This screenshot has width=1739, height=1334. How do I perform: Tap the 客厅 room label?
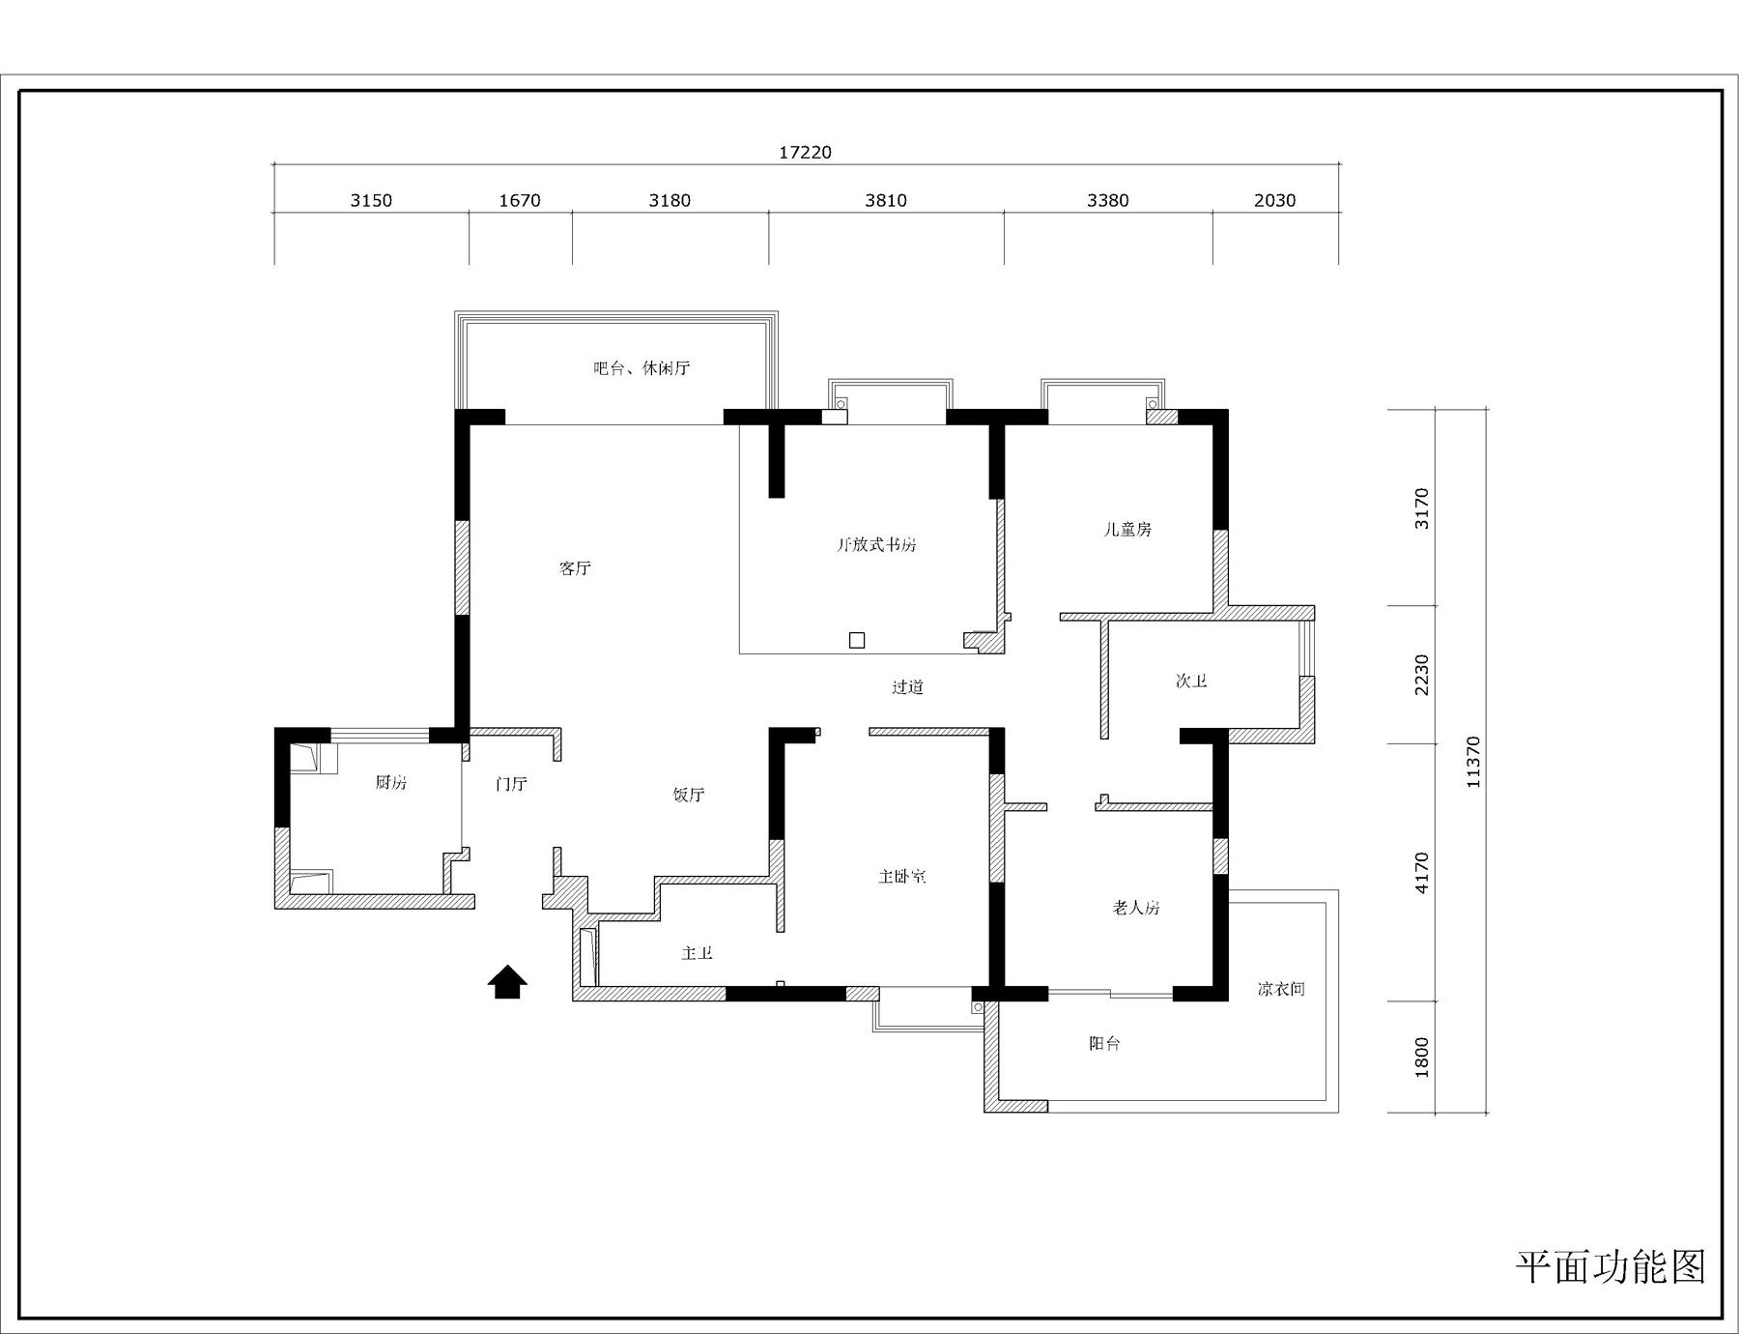(x=575, y=568)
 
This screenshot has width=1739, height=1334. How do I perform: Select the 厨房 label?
(x=391, y=783)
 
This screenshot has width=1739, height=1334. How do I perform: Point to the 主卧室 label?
(x=902, y=877)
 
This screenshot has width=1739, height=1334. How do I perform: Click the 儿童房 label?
(x=1128, y=530)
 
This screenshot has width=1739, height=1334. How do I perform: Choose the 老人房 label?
(x=1136, y=908)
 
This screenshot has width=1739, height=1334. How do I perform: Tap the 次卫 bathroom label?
(x=1191, y=681)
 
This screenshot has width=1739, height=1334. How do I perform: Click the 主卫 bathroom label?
(x=697, y=953)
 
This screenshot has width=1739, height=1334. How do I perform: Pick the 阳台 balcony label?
(x=1104, y=1044)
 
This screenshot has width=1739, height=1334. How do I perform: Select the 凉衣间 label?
(x=1282, y=989)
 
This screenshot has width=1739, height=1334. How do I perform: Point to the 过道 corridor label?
(x=907, y=687)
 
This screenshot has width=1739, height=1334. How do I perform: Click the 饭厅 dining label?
(x=689, y=796)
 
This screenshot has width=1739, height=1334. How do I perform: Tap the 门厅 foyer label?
(x=511, y=784)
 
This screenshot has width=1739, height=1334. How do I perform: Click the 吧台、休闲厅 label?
(x=641, y=368)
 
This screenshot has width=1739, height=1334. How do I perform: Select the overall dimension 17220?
(x=805, y=153)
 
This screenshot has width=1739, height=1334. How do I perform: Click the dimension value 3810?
(x=886, y=200)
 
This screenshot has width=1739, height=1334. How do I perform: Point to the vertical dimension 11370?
(x=1472, y=762)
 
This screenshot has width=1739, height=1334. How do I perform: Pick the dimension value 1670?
(x=520, y=200)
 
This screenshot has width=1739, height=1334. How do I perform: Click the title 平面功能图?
(x=1611, y=1266)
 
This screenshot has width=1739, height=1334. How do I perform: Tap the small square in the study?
(x=856, y=639)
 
